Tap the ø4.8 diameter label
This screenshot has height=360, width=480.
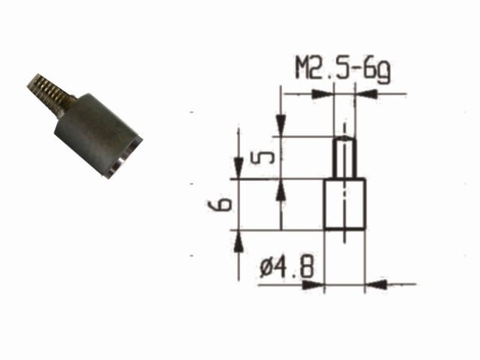click(287, 267)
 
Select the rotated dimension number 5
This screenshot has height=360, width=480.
click(262, 158)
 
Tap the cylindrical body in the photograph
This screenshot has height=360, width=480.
click(97, 134)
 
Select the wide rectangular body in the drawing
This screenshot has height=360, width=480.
click(345, 204)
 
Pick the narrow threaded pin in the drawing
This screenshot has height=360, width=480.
click(345, 158)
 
